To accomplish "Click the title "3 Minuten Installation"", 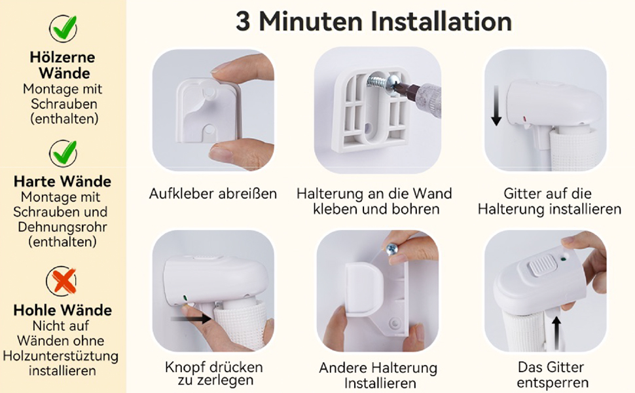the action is tap(373, 22).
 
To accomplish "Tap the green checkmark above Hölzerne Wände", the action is tap(63, 28).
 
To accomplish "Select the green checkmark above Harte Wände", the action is tap(63, 153).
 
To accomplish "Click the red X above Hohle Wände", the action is tap(62, 281).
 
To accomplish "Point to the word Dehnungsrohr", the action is tap(62, 227).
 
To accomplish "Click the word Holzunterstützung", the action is tap(61, 356).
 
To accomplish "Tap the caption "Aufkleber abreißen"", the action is tap(213, 193).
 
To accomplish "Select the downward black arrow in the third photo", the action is tap(496, 105).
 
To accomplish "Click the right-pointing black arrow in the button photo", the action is tap(190, 319).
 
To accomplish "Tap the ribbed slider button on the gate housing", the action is tap(542, 265).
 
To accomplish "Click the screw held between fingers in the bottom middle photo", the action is tap(393, 249).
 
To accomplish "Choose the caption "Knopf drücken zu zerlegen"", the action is tap(214, 373).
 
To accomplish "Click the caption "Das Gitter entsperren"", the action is tap(553, 375).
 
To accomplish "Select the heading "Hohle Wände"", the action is tap(63, 310).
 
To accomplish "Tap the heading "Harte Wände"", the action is tap(62, 181).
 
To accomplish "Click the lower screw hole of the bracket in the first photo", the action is tap(209, 130).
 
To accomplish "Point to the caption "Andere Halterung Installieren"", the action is tap(378, 375).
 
